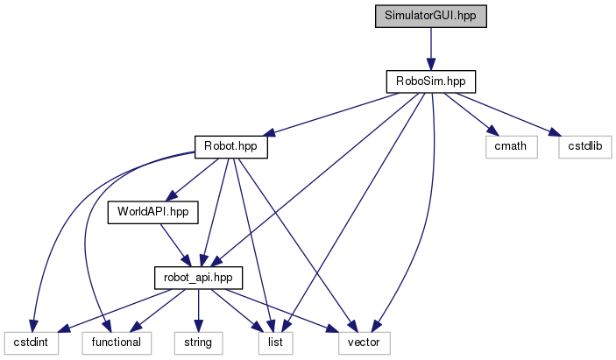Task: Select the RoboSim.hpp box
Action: click(x=430, y=81)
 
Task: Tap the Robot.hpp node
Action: click(x=230, y=146)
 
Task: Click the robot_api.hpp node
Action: click(x=198, y=276)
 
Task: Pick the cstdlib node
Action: click(x=583, y=146)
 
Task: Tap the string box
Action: click(x=198, y=341)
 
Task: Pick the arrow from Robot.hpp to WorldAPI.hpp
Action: click(x=190, y=179)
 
